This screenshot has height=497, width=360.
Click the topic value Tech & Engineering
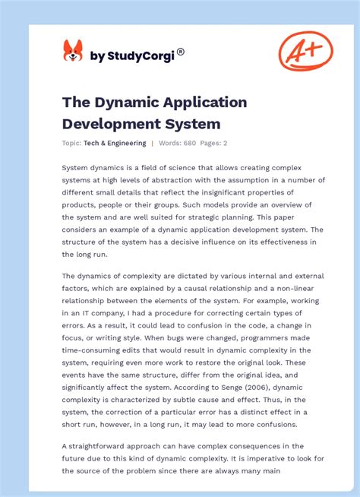115,143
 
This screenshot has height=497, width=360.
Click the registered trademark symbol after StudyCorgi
180,52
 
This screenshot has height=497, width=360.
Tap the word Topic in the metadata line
71,143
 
